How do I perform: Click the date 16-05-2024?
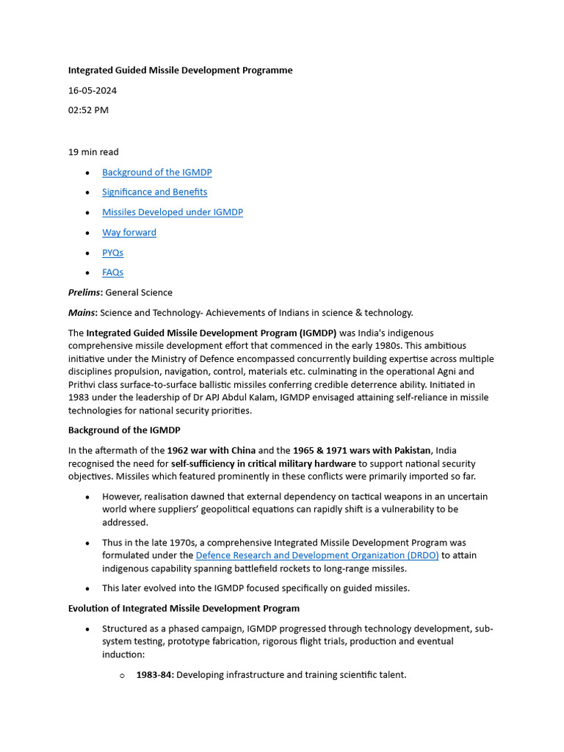tap(93, 90)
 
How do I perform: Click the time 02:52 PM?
tap(88, 110)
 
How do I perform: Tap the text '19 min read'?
tap(93, 152)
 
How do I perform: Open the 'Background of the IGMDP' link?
tap(156, 172)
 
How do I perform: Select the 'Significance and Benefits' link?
tap(154, 192)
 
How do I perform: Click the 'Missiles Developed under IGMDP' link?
tap(173, 212)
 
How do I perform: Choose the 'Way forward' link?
tap(129, 232)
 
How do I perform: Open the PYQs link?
tap(113, 253)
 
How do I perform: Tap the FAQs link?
tap(113, 272)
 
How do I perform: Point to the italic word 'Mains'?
tap(82, 312)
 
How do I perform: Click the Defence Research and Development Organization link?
tap(317, 556)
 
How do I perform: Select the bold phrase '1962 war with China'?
tap(211, 450)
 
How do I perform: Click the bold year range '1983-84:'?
tap(155, 674)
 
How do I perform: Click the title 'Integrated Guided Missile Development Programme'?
tap(180, 70)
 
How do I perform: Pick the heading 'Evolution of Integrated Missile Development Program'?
tap(184, 608)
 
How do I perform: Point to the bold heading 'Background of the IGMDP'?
tap(124, 430)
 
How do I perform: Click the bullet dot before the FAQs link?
tap(88, 272)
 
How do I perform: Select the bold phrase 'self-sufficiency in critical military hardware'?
tap(264, 464)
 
